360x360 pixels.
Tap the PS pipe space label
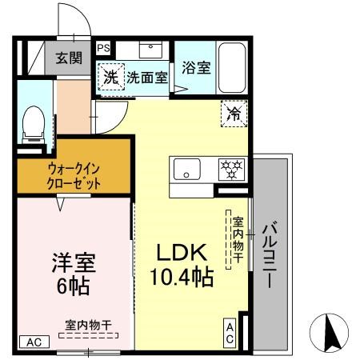[x=103, y=48]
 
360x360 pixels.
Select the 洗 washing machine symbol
[x=110, y=78]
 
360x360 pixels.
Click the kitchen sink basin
[x=188, y=170]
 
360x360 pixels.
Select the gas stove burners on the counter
[x=231, y=170]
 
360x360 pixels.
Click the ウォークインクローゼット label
[x=73, y=175]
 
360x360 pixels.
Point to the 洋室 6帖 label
[x=73, y=272]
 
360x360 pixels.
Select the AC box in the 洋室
[x=34, y=342]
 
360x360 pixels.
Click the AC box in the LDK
[x=229, y=333]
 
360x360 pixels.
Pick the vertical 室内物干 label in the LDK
[x=238, y=237]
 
